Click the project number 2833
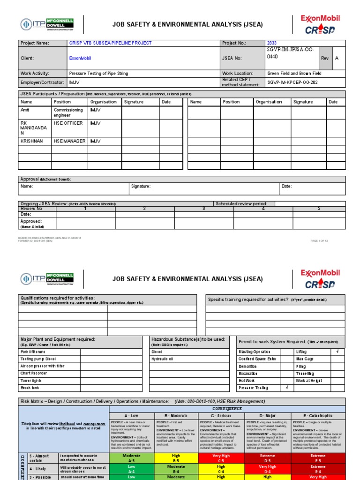pyautogui.click(x=272, y=43)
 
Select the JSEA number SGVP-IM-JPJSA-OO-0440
pyautogui.click(x=290, y=53)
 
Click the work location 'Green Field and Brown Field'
pyautogui.click(x=294, y=74)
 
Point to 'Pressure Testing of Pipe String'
pyautogui.click(x=98, y=74)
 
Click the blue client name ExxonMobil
pyautogui.click(x=80, y=59)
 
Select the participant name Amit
pyautogui.click(x=25, y=110)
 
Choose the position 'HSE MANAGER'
pyautogui.click(x=69, y=141)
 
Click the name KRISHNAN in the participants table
pyautogui.click(x=32, y=141)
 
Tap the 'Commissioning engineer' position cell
pyautogui.click(x=68, y=113)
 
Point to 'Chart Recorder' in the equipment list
pyautogui.click(x=36, y=374)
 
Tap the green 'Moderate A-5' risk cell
pyautogui.click(x=131, y=458)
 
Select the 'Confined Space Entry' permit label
pyautogui.click(x=257, y=359)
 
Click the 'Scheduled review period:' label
pyautogui.click(x=241, y=204)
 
